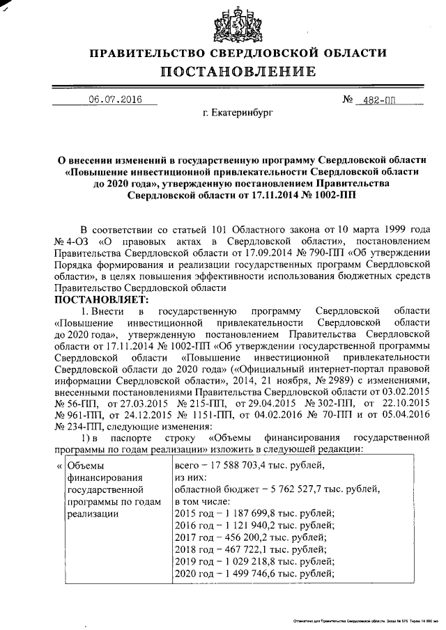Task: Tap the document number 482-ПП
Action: click(375, 100)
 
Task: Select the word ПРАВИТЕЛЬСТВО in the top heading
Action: click(155, 53)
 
